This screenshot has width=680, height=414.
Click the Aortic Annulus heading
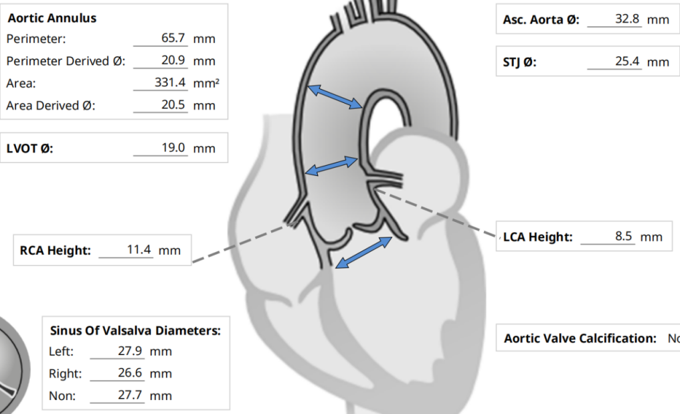click(x=52, y=18)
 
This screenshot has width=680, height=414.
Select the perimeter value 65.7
click(x=173, y=38)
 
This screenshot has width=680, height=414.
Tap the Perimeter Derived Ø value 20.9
click(x=173, y=61)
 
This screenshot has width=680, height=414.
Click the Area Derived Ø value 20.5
click(x=173, y=105)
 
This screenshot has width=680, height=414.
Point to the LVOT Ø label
click(x=29, y=148)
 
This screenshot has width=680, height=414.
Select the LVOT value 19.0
click(x=173, y=148)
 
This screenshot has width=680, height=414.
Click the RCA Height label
click(x=55, y=251)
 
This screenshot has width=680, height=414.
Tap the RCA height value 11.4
click(x=139, y=250)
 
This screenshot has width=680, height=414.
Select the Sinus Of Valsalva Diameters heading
click(x=135, y=330)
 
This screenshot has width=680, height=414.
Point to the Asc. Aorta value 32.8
click(x=627, y=19)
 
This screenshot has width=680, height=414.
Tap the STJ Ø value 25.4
click(x=627, y=62)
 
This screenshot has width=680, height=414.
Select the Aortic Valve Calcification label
click(x=580, y=338)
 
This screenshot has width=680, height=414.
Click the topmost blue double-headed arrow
click(x=334, y=95)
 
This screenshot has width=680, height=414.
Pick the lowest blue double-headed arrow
click(x=363, y=252)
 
